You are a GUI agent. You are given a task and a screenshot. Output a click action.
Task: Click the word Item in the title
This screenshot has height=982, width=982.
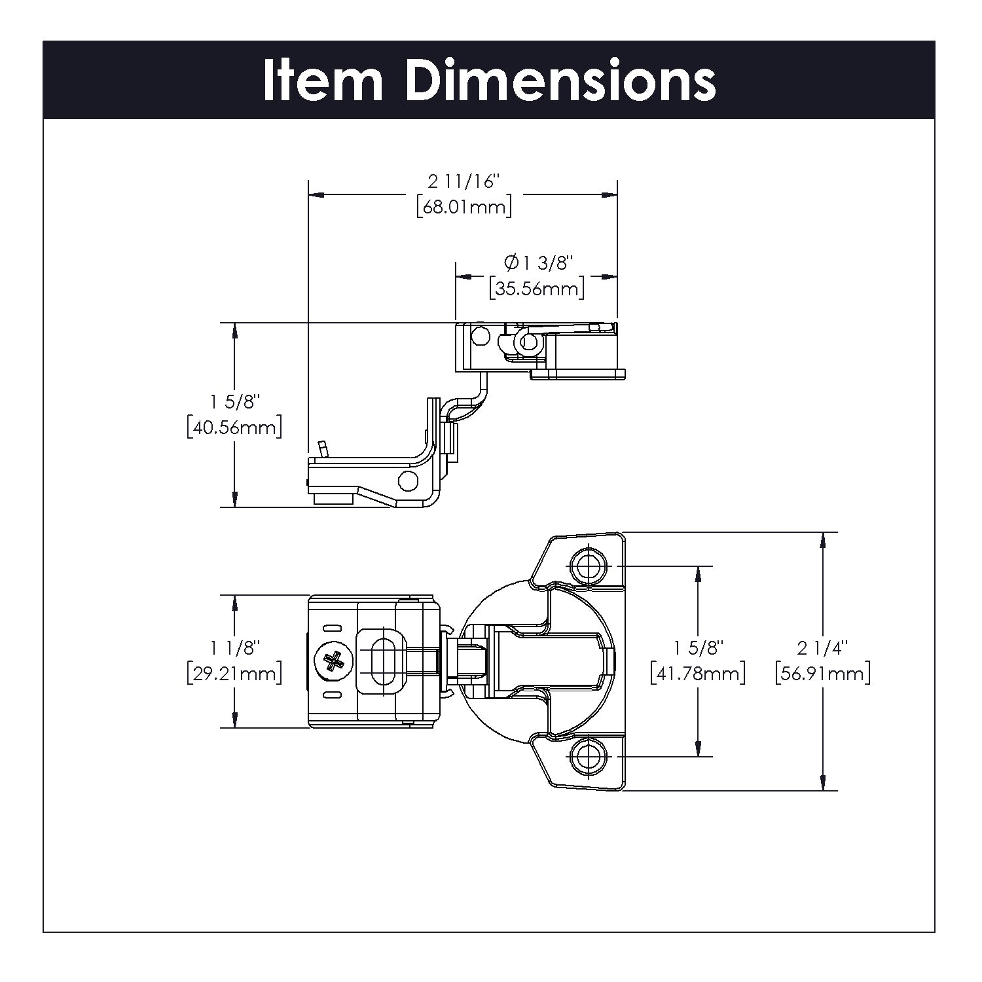(323, 81)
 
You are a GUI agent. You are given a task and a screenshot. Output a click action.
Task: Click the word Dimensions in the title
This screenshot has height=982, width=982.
(560, 81)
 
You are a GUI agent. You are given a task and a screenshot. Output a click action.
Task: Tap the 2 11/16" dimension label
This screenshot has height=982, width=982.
(464, 181)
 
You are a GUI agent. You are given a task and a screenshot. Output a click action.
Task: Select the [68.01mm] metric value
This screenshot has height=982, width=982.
(464, 208)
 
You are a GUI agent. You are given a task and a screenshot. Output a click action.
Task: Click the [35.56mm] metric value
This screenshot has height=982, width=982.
(536, 289)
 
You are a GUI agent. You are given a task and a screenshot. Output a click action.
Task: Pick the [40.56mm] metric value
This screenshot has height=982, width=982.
(234, 427)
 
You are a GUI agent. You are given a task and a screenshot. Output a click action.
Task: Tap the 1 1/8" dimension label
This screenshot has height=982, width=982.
(234, 647)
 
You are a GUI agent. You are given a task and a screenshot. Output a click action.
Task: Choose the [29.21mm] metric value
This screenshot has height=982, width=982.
(234, 673)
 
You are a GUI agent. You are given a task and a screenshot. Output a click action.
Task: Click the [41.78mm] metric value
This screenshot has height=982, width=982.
(698, 673)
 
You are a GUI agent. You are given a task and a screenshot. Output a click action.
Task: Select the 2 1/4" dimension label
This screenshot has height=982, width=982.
(822, 647)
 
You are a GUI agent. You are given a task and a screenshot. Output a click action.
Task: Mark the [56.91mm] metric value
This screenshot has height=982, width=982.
(822, 673)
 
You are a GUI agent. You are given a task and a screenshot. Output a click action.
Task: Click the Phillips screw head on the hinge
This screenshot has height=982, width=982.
(333, 661)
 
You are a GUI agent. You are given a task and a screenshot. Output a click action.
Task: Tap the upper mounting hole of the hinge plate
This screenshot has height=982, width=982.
(588, 565)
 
